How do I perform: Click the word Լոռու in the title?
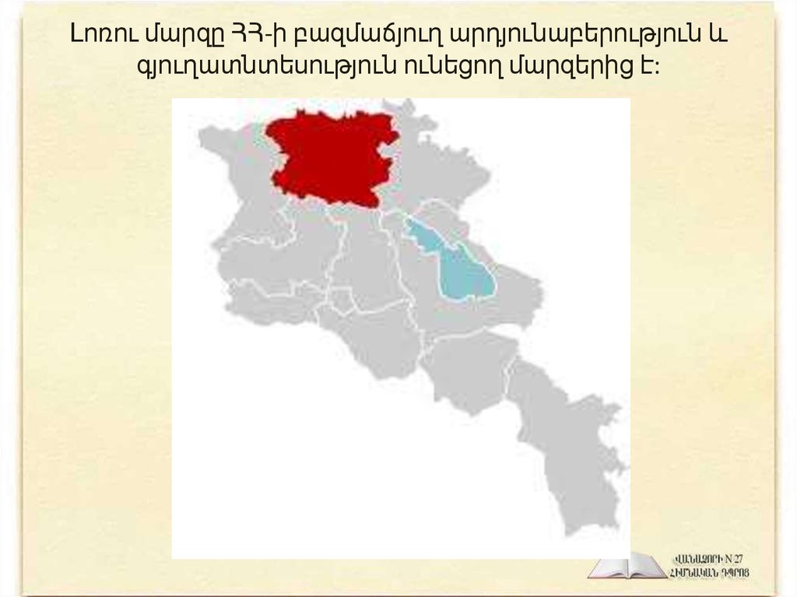tap(97, 36)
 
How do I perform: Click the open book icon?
tap(627, 565)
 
